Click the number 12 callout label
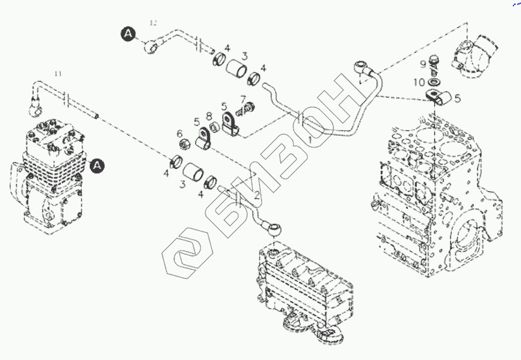click(152, 23)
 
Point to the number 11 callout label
click(58, 74)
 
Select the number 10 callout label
click(420, 82)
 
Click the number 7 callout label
click(243, 99)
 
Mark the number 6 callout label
click(180, 133)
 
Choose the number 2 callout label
click(257, 196)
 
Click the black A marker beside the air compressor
click(97, 166)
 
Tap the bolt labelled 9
click(434, 63)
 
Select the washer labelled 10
click(435, 82)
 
